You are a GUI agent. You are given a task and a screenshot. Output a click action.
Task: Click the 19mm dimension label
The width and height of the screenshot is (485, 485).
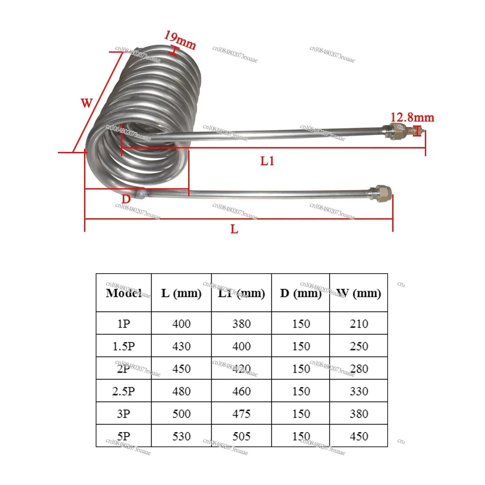coord(180,40)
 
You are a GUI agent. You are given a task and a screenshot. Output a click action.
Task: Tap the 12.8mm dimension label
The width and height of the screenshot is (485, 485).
coord(412,117)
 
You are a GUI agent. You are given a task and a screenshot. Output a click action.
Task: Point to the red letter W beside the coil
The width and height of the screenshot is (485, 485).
coord(87,103)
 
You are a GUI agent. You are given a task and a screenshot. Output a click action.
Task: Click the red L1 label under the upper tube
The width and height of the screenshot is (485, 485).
coord(267,161)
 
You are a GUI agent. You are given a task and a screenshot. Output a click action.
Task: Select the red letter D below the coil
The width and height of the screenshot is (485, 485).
coord(126,199)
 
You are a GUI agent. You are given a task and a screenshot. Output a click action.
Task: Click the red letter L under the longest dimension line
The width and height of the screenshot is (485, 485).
coord(234,229)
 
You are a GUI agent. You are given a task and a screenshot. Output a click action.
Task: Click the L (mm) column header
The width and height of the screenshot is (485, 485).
coord(181,293)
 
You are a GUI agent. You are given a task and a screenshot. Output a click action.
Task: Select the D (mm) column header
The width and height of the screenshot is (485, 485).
coord(301,293)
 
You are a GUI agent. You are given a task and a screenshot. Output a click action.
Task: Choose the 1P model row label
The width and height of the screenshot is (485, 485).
coord(124,324)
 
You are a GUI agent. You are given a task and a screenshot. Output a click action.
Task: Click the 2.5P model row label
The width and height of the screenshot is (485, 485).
coord(124,391)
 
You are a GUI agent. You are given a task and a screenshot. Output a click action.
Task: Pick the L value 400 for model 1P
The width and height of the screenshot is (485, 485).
coord(181,324)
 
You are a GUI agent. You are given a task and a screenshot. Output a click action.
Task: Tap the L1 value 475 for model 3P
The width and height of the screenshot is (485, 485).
coord(242,414)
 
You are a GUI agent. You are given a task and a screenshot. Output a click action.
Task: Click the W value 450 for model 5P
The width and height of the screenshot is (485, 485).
coord(359,436)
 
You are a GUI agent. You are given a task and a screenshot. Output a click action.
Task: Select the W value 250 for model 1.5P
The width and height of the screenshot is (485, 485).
coord(359,346)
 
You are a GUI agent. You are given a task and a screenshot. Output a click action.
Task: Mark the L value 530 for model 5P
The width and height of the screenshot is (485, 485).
coord(181,436)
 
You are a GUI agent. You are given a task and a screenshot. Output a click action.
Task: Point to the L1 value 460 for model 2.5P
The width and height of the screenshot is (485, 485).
coord(242,391)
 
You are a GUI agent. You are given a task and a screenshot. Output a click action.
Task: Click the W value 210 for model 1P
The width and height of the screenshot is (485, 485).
coord(359,324)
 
